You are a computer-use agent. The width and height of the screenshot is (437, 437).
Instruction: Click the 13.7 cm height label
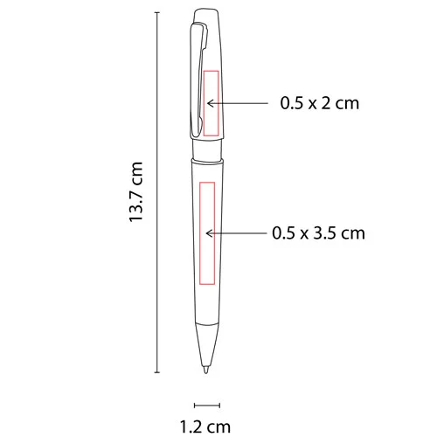135,191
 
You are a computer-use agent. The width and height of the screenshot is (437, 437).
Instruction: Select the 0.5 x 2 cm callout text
320,103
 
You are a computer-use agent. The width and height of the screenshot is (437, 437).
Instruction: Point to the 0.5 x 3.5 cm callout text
318,233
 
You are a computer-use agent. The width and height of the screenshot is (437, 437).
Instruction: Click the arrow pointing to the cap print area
240,103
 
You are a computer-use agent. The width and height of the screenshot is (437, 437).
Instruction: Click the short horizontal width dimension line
205,404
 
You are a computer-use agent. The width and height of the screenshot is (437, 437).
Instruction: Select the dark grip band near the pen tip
206,324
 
